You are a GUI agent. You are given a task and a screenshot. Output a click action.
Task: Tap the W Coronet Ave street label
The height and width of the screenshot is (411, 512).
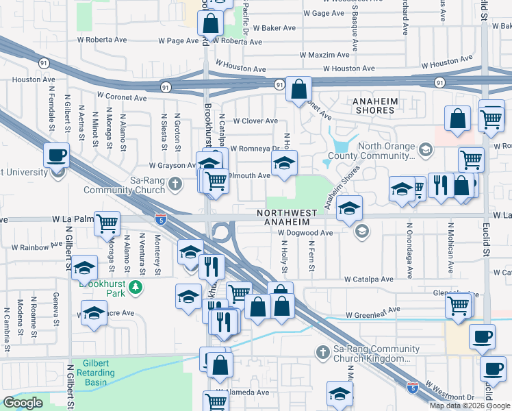pyautogui.click(x=122, y=97)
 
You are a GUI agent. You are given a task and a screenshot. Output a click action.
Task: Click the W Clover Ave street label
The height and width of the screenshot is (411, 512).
pyautogui.click(x=255, y=121)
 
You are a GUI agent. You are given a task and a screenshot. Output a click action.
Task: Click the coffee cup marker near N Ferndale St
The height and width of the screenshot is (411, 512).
pyautogui.click(x=56, y=155)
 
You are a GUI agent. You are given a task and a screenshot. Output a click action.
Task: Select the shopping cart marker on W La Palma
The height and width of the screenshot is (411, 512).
pyautogui.click(x=107, y=223)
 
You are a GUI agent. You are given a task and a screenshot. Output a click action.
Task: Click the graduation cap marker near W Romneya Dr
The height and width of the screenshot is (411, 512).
pyautogui.click(x=284, y=162)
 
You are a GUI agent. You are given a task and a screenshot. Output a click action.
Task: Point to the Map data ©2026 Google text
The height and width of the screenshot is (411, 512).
pyautogui.click(x=470, y=406)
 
